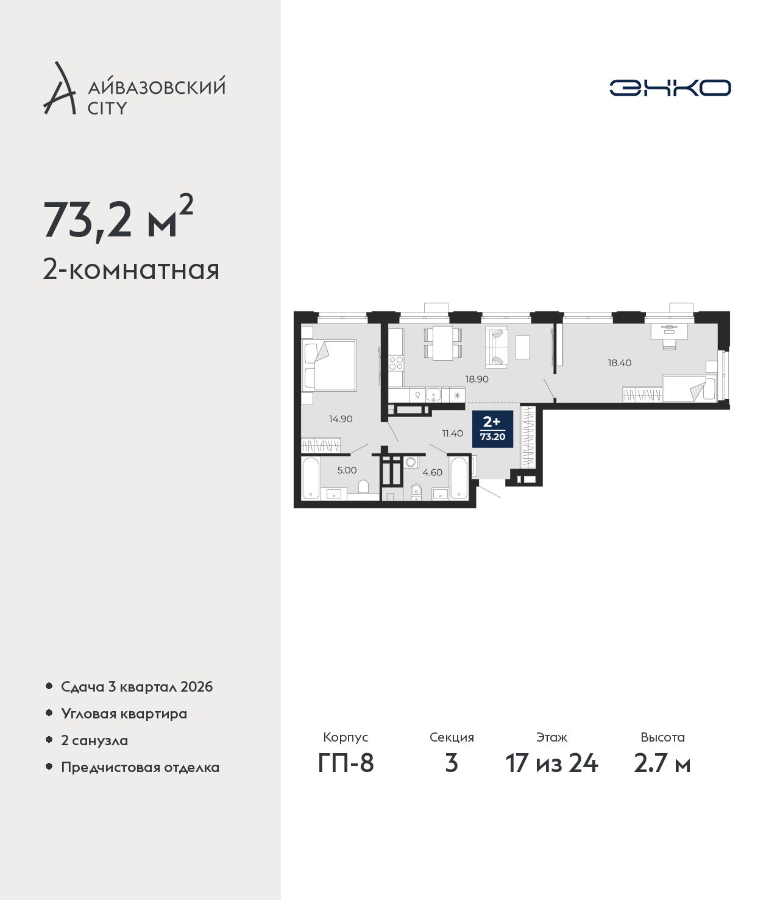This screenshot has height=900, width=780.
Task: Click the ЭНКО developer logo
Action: pos(670,88)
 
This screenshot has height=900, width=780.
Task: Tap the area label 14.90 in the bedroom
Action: pos(341,419)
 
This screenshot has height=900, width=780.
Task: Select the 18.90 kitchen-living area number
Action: pos(477,379)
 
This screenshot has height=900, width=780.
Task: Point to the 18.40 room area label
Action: pos(619,363)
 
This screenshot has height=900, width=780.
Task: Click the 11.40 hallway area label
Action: pos(453,433)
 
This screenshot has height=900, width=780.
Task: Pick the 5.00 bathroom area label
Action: pos(347,470)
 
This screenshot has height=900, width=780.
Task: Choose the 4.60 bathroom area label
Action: pos(433,472)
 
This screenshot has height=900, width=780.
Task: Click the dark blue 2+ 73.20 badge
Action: pos(492,429)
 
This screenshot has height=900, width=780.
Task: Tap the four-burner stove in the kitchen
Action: pos(396,363)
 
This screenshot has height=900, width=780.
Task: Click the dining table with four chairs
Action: pos(442,344)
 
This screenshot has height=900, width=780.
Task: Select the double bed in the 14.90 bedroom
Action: pos(330,366)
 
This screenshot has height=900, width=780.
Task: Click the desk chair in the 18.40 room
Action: pos(669,344)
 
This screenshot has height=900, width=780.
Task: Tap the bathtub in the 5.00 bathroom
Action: pos(311,478)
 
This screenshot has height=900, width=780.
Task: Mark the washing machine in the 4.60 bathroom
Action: pos(410,461)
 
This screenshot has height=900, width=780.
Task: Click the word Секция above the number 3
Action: pos(452,737)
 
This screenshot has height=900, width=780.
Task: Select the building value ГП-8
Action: pos(346,764)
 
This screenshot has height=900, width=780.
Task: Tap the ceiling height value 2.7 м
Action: pos(662,764)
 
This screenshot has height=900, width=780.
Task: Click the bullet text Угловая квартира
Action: pos(124,714)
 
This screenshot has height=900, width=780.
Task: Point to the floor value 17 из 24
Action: pos(552,764)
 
